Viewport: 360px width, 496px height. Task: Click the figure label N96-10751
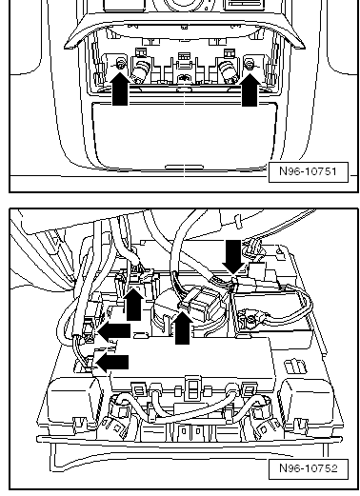pyautogui.click(x=308, y=171)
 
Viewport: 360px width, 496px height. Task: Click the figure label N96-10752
pyautogui.click(x=308, y=468)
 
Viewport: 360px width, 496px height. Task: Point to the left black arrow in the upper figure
pyautogui.click(x=120, y=89)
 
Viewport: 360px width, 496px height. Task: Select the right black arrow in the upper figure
pyautogui.click(x=250, y=89)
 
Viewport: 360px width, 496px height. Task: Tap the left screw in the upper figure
pyautogui.click(x=121, y=65)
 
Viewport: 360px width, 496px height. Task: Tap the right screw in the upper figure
pyautogui.click(x=250, y=65)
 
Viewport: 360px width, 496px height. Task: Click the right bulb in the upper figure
pyautogui.click(x=228, y=71)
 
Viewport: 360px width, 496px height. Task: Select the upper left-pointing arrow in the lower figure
pyautogui.click(x=114, y=331)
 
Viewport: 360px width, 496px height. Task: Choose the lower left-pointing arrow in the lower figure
pyautogui.click(x=112, y=363)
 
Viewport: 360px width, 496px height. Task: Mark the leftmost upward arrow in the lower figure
pyautogui.click(x=133, y=304)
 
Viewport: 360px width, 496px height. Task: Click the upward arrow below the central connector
pyautogui.click(x=183, y=327)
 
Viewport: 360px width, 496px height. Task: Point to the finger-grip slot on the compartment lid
pyautogui.click(x=184, y=168)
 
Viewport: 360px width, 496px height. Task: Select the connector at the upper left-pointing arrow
pyautogui.click(x=90, y=330)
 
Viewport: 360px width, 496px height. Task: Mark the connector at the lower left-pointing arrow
pyautogui.click(x=90, y=363)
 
